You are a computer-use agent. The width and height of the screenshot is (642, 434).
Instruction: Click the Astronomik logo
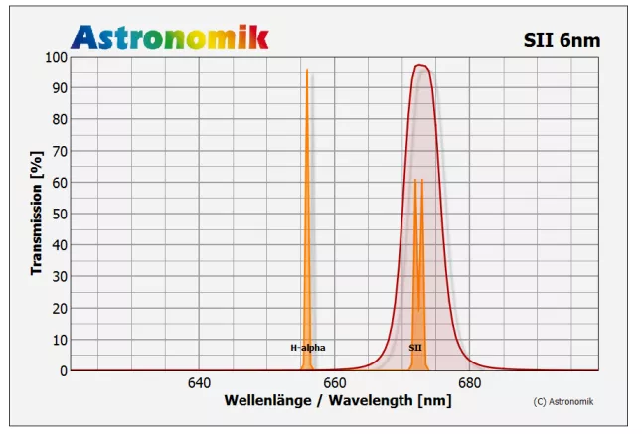pyautogui.click(x=169, y=37)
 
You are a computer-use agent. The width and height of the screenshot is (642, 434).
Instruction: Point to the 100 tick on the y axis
pyautogui.click(x=55, y=58)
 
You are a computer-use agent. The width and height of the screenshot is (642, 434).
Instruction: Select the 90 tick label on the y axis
pyautogui.click(x=58, y=88)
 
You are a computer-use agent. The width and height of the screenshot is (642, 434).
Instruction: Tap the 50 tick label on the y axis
pyautogui.click(x=58, y=214)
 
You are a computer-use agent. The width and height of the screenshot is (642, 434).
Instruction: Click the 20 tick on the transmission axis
pyautogui.click(x=58, y=308)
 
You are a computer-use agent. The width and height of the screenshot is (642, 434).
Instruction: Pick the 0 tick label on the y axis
pyautogui.click(x=62, y=370)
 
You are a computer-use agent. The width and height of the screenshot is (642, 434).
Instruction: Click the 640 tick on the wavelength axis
pyautogui.click(x=199, y=383)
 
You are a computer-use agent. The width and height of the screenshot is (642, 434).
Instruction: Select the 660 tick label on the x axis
pyautogui.click(x=334, y=383)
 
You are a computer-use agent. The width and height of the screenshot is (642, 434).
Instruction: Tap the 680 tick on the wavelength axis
pyautogui.click(x=469, y=383)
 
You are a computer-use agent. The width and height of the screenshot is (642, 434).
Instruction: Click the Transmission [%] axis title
pyautogui.click(x=36, y=214)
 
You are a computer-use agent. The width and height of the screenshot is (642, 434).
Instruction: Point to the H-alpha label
pyautogui.click(x=307, y=348)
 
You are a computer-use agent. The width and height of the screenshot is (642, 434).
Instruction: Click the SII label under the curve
pyautogui.click(x=415, y=348)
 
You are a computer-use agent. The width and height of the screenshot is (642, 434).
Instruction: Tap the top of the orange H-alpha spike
pyautogui.click(x=307, y=71)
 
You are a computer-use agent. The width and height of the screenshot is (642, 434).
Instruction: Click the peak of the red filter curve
pyautogui.click(x=420, y=66)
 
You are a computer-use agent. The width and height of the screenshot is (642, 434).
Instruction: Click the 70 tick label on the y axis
pyautogui.click(x=58, y=151)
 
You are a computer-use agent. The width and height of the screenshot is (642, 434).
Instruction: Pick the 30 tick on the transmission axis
pyautogui.click(x=58, y=276)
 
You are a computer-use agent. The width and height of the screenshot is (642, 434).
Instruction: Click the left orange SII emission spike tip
pyautogui.click(x=415, y=181)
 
